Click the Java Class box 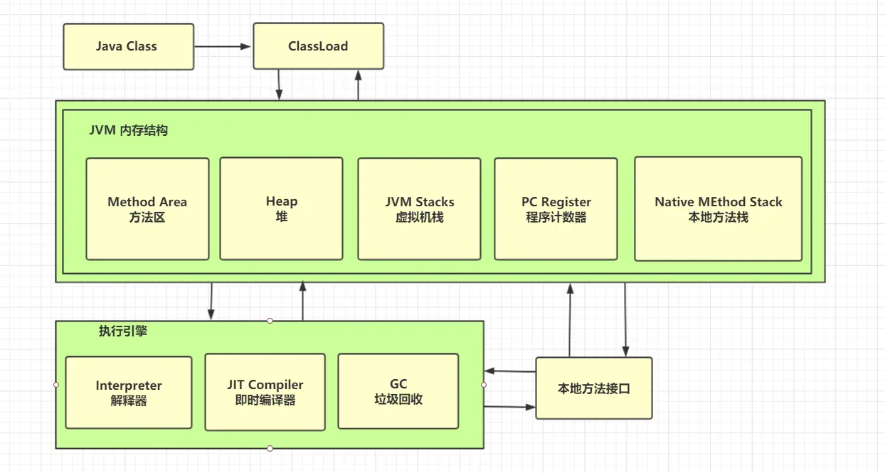tap(128, 47)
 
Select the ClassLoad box tap(318, 47)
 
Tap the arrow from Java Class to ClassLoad tap(223, 47)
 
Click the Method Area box tap(147, 209)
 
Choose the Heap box tap(281, 209)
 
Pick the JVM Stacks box tap(419, 209)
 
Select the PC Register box tap(556, 209)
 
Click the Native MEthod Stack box tap(718, 209)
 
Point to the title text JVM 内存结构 tap(129, 131)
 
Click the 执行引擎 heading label tap(123, 331)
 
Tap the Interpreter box tap(129, 393)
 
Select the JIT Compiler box tap(265, 392)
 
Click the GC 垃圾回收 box tap(398, 391)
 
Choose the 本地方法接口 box tap(593, 388)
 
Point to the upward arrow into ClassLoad tap(359, 85)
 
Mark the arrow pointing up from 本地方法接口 tap(570, 320)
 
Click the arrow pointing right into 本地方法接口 tap(509, 407)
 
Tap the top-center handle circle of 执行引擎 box tap(270, 321)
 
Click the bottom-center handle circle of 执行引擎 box tap(270, 448)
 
